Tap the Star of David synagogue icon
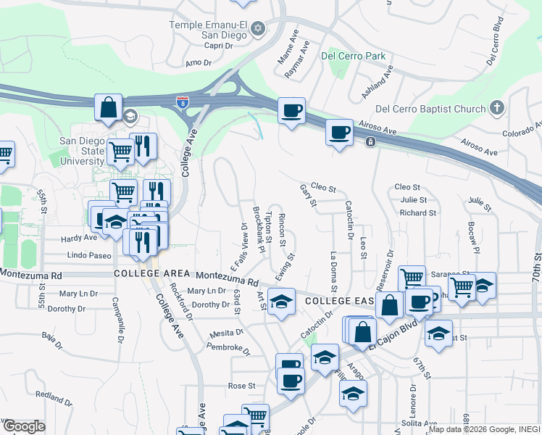[258, 29]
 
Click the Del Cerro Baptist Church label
[430, 109]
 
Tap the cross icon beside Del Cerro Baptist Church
[496, 109]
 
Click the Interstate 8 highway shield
[180, 103]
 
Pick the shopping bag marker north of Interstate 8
[108, 108]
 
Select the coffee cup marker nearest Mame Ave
[291, 111]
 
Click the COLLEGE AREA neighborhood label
[142, 275]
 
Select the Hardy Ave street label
[79, 237]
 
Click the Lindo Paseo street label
[89, 255]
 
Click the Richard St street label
[418, 213]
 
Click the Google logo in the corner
[24, 426]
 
